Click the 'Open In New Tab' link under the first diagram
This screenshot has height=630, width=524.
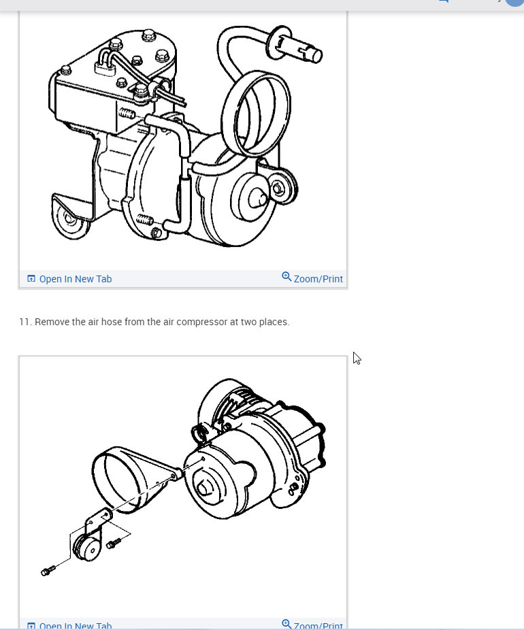pos(75,279)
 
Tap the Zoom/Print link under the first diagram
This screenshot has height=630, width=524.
pos(318,279)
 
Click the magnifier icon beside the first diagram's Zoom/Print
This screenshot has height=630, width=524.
pos(286,277)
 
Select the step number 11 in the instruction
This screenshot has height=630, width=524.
pos(25,322)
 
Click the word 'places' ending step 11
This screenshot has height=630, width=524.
pos(275,322)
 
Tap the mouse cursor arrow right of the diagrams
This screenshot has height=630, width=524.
pos(357,358)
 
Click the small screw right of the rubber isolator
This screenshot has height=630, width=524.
pos(113,542)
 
